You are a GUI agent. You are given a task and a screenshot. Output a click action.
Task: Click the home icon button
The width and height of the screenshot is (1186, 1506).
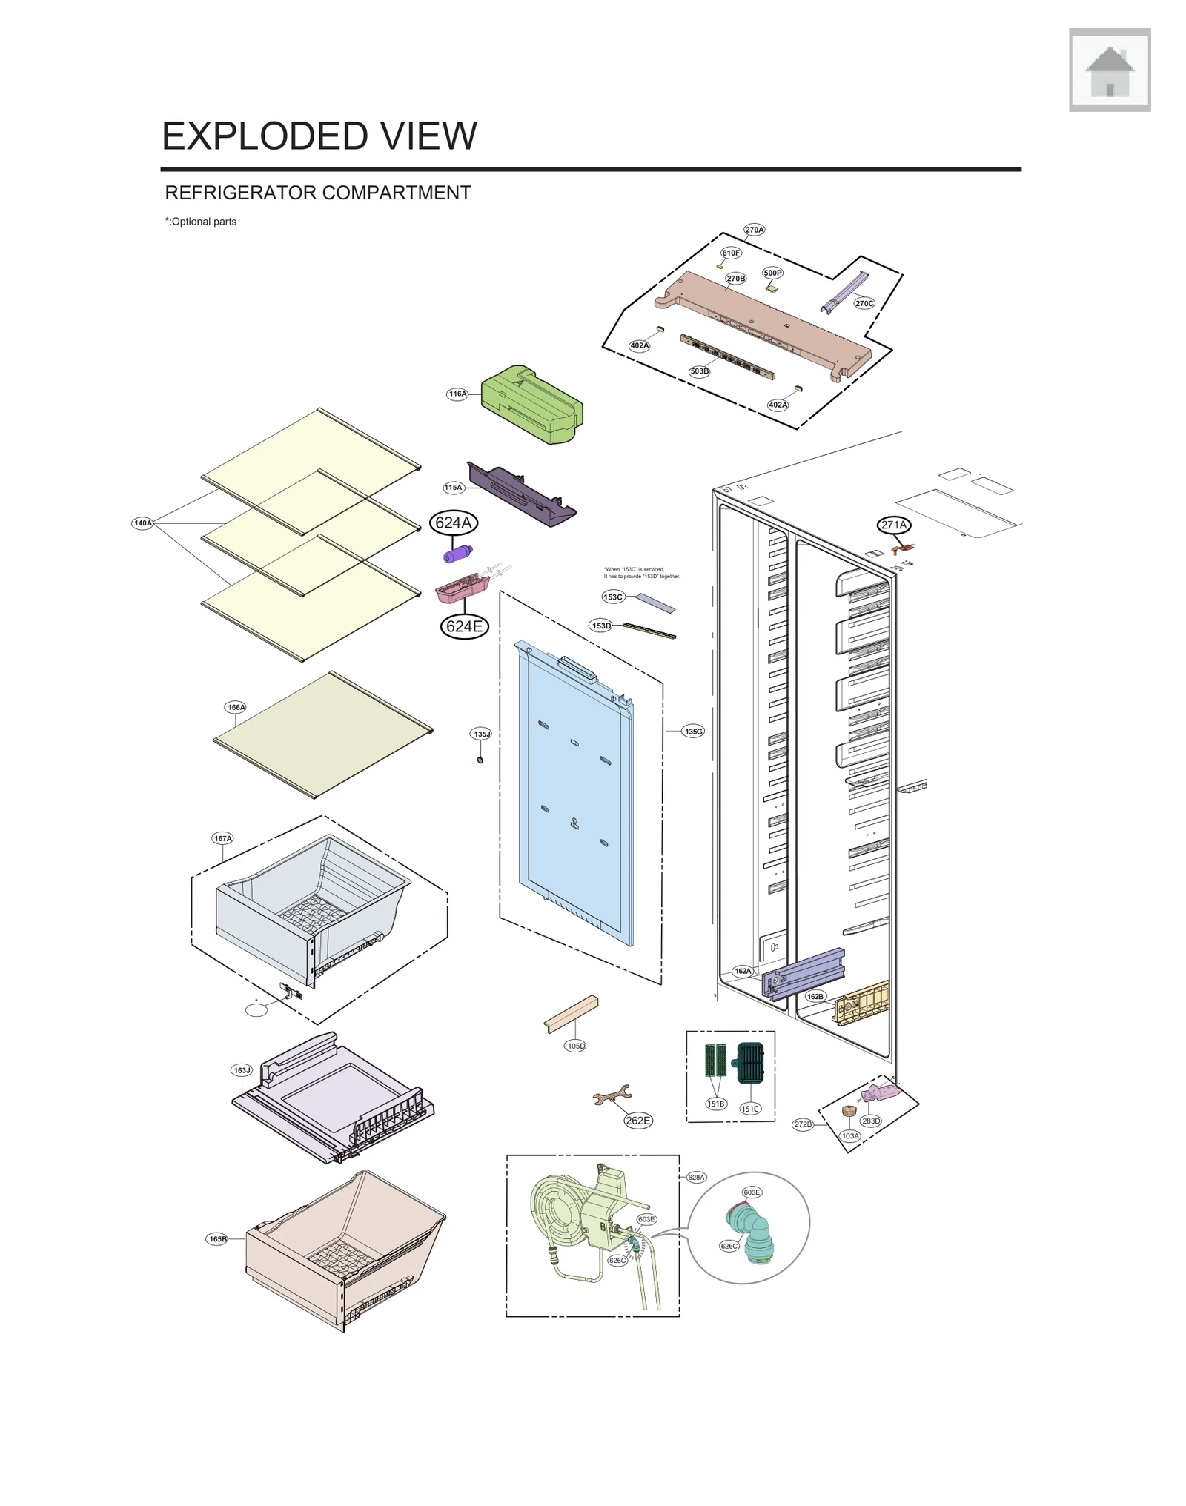pos(1109,70)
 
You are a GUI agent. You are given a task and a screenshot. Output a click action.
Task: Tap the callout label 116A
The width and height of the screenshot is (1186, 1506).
pos(457,394)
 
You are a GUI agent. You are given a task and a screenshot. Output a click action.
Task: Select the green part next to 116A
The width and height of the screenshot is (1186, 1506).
pos(531,405)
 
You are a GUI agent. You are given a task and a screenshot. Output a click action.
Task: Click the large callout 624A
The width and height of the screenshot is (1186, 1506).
pos(453,523)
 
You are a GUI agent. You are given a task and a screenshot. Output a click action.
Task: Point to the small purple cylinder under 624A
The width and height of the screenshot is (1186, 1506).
pos(457,554)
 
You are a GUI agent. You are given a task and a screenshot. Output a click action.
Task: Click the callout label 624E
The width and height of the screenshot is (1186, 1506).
pos(464,626)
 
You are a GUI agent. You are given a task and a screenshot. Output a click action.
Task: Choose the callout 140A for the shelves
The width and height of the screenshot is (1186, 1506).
pos(142,523)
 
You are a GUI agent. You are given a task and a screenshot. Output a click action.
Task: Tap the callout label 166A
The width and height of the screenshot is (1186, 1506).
pos(236,707)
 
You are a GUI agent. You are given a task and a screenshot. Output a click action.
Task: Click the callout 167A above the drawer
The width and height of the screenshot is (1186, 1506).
pos(222,838)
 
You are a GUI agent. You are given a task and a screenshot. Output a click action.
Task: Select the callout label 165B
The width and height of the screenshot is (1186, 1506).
pos(217,1238)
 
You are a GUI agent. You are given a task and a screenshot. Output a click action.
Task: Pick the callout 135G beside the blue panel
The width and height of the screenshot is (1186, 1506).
pos(693,732)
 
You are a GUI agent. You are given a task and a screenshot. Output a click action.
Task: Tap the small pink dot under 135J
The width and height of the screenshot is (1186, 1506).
pos(480,760)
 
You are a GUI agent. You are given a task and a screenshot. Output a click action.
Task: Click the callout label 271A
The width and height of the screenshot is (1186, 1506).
pos(893,525)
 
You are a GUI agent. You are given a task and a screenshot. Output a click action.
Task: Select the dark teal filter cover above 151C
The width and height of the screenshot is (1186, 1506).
pos(750,1063)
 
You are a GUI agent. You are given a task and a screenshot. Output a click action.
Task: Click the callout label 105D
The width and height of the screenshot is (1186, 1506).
pos(575,1046)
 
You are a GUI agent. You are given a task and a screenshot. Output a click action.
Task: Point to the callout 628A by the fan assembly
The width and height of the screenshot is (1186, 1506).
pos(696,1177)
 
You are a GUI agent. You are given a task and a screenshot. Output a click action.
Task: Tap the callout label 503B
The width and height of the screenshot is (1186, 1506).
pos(699,371)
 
